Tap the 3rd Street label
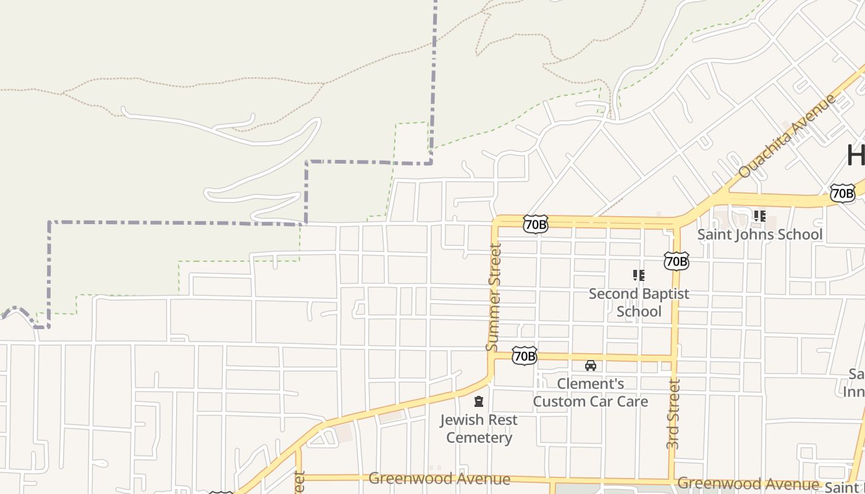click(673, 414)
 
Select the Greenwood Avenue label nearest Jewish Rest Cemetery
click(439, 479)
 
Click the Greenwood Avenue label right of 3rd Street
click(748, 484)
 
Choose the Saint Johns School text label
click(760, 235)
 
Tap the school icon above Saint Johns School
click(759, 216)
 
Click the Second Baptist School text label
click(639, 302)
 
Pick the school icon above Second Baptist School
click(638, 275)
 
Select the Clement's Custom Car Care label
click(591, 393)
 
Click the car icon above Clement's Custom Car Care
click(591, 366)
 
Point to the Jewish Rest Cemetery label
click(479, 429)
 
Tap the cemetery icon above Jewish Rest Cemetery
click(478, 402)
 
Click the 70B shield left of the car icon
click(524, 356)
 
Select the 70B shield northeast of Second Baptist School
click(676, 261)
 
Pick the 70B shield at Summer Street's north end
click(535, 224)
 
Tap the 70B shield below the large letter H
click(842, 193)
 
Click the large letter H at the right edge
click(856, 156)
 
